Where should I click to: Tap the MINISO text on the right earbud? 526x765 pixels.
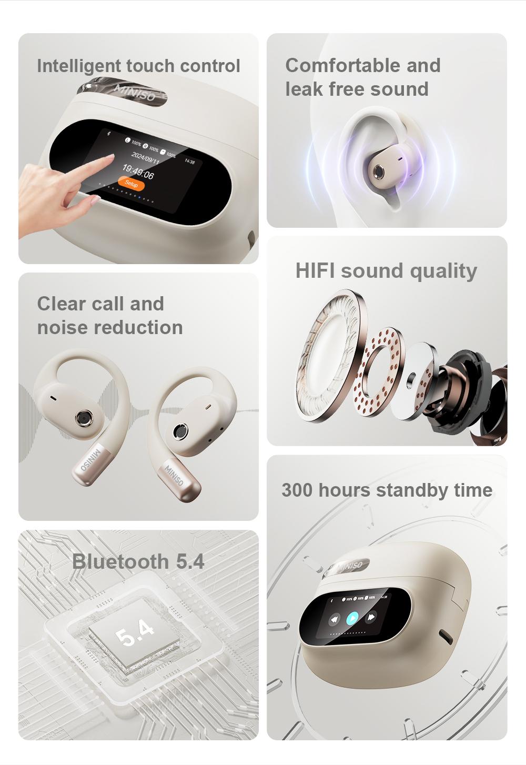coord(174,475)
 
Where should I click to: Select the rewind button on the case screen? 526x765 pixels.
coord(335,620)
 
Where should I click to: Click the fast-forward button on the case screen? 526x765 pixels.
coord(372,617)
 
